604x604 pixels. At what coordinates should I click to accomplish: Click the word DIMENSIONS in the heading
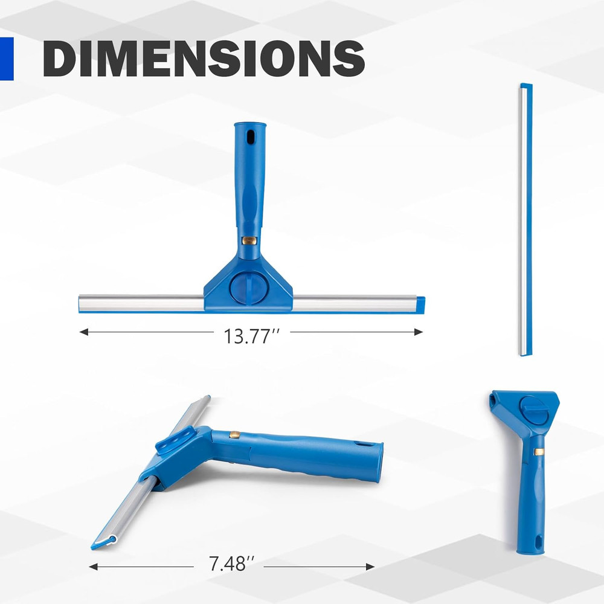tap(204, 58)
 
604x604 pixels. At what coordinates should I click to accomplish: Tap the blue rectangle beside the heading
tap(7, 59)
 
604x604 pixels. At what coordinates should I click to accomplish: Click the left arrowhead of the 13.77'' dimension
tap(83, 332)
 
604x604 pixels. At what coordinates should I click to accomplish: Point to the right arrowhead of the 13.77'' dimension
tap(419, 332)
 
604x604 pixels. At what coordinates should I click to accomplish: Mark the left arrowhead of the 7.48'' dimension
tap(93, 567)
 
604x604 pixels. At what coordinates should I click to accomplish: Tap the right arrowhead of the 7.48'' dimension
tap(371, 567)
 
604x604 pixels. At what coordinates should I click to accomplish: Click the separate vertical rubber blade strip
tap(525, 220)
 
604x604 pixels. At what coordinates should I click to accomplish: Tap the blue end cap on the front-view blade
tap(422, 303)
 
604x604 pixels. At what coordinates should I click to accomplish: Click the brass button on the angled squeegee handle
tap(234, 435)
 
